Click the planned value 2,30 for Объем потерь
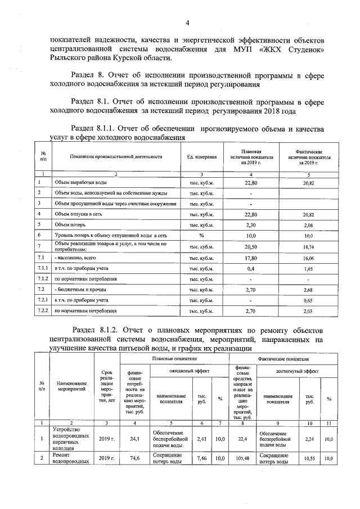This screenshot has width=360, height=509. [252, 225]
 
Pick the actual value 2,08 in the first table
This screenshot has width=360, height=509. [308, 225]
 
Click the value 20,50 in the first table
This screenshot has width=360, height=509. [252, 247]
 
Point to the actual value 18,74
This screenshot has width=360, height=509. [308, 247]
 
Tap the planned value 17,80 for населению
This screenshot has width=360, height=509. [252, 258]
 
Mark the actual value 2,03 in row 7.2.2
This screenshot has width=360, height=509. [308, 311]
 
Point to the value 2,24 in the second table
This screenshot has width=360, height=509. [309, 439]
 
